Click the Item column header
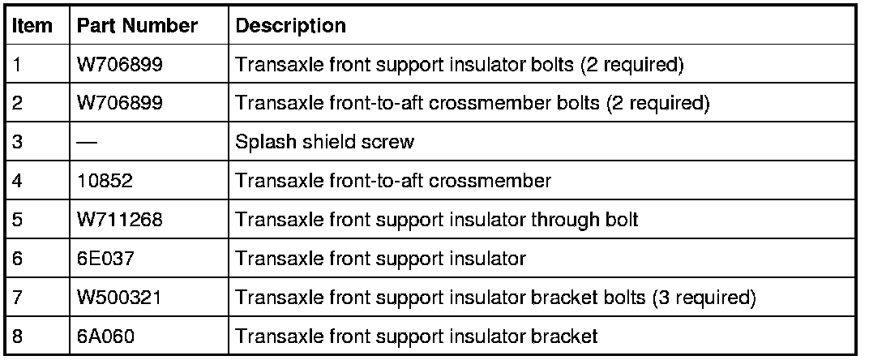click(x=33, y=26)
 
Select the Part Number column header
click(x=137, y=26)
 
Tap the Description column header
click(x=290, y=26)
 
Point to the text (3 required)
click(x=704, y=298)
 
